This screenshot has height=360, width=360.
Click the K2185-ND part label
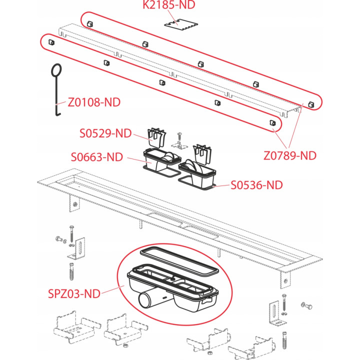point(169,5)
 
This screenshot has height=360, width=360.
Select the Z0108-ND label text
point(94,102)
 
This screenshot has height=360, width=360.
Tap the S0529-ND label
point(105,133)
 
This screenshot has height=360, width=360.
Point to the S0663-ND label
point(97,157)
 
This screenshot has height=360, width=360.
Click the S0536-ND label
point(256,185)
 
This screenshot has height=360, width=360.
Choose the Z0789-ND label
point(290,155)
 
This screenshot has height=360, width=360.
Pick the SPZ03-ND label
point(74,293)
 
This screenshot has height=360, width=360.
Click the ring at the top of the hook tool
point(56,70)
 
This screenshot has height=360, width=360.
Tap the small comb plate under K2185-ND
point(181,25)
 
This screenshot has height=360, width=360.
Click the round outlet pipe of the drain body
point(147,299)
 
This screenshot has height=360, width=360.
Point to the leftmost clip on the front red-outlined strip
point(51,42)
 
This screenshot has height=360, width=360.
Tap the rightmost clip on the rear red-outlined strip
point(311,104)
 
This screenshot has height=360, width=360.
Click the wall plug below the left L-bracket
point(72,271)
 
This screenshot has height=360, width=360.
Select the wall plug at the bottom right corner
point(284,340)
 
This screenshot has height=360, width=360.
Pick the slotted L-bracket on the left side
point(76,248)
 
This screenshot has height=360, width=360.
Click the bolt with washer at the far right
point(306,305)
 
